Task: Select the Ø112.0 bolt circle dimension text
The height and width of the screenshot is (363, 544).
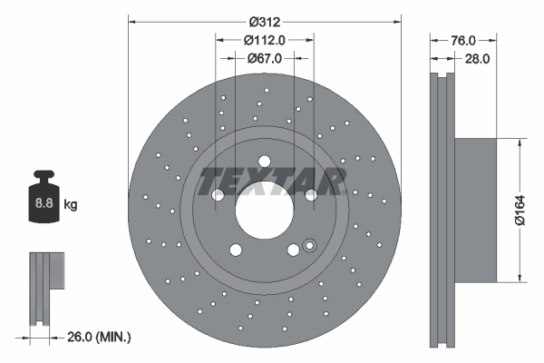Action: [x=266, y=39]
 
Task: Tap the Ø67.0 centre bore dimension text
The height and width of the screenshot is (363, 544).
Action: [x=266, y=57]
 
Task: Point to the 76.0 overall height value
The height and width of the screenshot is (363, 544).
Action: [x=463, y=40]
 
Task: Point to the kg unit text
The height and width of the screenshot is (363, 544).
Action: [x=71, y=204]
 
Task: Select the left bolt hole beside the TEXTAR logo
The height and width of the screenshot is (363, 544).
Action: [x=219, y=196]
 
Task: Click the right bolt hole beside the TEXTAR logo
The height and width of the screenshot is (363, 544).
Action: [x=311, y=194]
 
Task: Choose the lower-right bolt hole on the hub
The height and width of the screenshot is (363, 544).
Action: [x=293, y=251]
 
